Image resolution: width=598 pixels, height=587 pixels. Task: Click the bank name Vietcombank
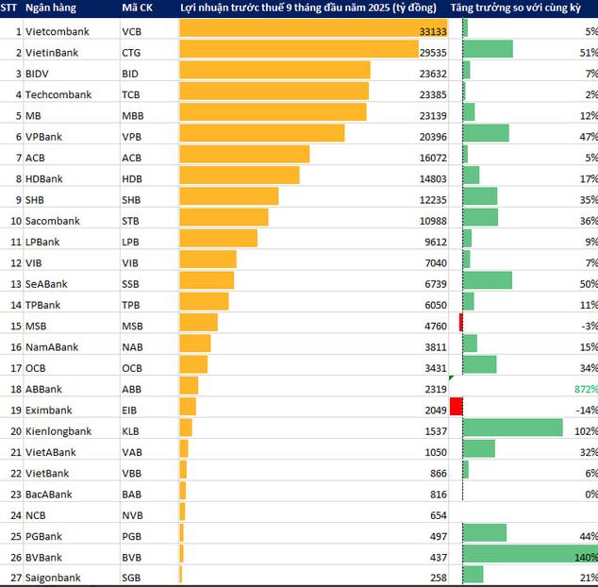[x=57, y=31]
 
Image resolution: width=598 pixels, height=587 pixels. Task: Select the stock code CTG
[x=132, y=52]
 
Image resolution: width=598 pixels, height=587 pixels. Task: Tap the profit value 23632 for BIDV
[x=432, y=73]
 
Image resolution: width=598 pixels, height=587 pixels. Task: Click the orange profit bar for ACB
[x=243, y=157]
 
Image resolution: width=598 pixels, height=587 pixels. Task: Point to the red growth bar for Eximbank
[x=457, y=407]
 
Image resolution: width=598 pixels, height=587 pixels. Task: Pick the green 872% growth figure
[x=585, y=389]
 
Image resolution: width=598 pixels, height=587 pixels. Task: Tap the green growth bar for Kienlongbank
[x=513, y=428]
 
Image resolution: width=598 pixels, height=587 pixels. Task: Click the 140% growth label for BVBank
[x=585, y=557]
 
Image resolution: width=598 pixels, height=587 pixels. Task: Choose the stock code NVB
[x=133, y=515]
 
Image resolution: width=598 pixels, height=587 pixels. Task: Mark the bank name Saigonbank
[x=53, y=578]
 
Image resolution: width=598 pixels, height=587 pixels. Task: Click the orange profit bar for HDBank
[x=239, y=177]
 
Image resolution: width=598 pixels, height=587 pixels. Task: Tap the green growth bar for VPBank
[x=486, y=136]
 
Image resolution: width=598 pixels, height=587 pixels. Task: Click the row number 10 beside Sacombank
[x=15, y=221]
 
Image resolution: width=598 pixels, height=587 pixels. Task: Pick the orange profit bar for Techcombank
[x=274, y=94]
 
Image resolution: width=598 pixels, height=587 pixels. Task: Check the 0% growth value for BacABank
[x=590, y=494]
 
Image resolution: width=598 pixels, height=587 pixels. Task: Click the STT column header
[x=10, y=8]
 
